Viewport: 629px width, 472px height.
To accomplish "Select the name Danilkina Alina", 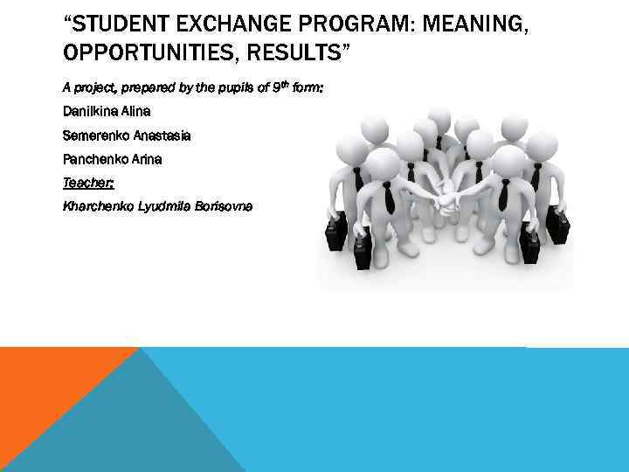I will tap(107, 112).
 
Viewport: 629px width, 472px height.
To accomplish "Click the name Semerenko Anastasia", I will tap(127, 135).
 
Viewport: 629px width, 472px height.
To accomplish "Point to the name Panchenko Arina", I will tap(113, 159).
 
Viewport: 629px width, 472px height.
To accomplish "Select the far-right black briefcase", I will tap(557, 229).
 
